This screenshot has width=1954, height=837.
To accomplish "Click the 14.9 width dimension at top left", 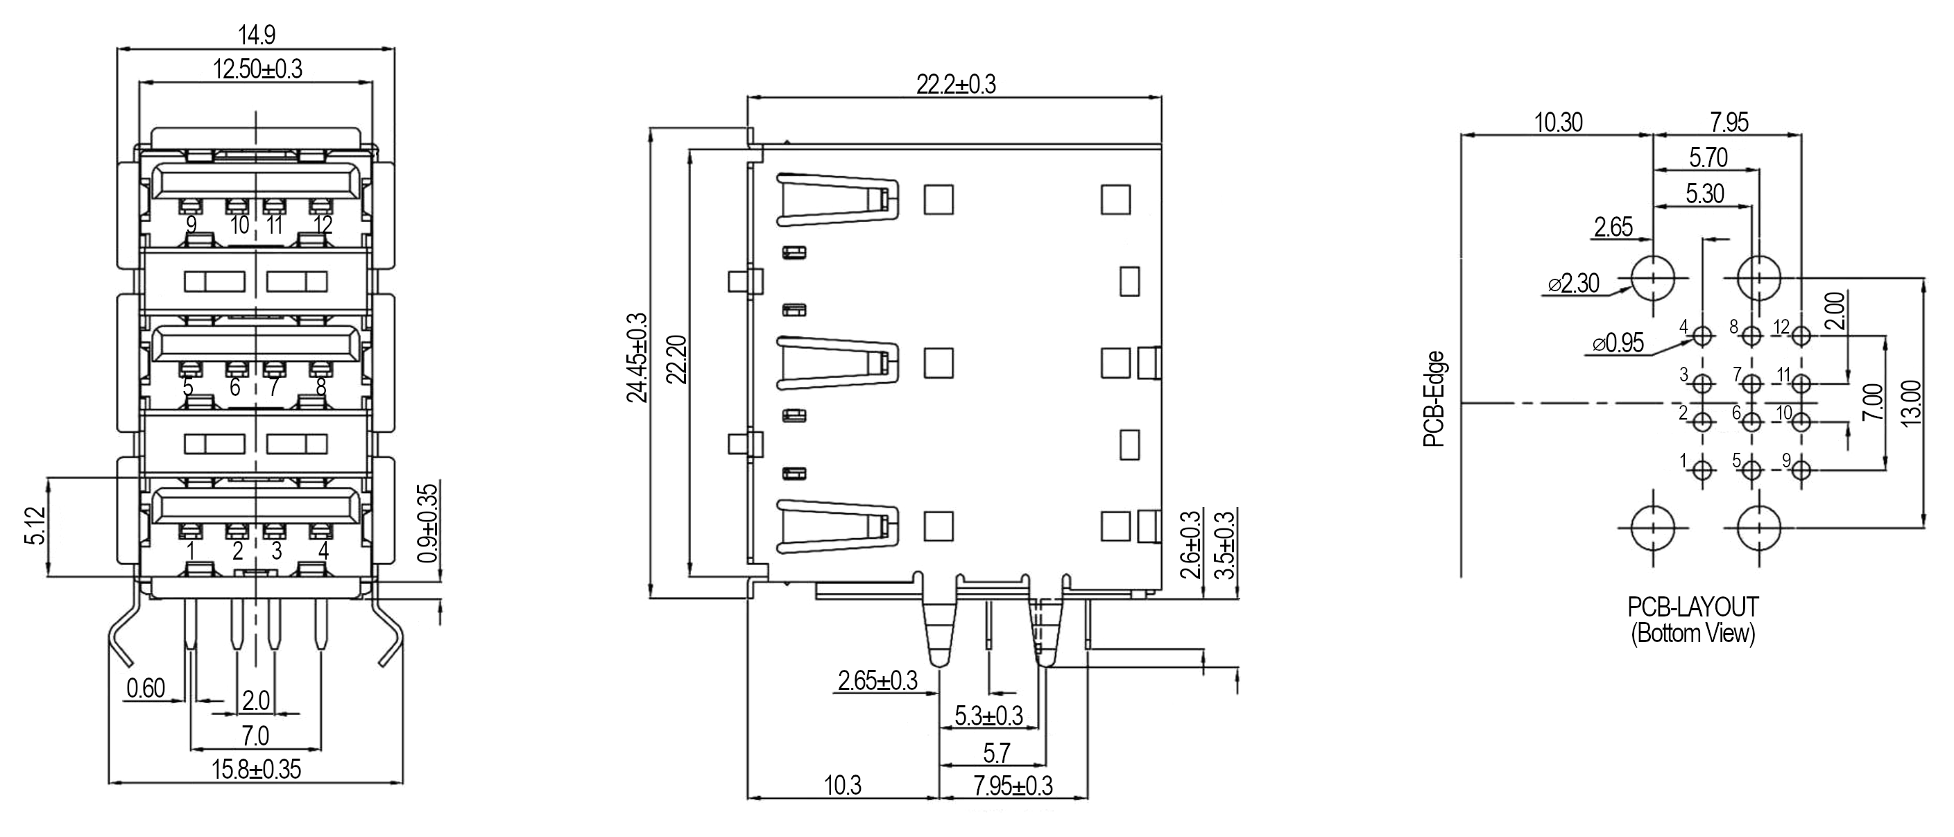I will click(x=257, y=35).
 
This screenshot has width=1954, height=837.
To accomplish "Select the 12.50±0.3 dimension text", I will click(x=257, y=70).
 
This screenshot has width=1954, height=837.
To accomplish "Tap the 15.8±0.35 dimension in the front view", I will click(x=256, y=770).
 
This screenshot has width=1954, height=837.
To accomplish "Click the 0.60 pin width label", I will click(x=146, y=689).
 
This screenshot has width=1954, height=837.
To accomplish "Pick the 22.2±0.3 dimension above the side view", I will click(x=956, y=84).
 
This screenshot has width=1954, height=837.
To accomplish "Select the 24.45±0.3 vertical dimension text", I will click(x=638, y=357).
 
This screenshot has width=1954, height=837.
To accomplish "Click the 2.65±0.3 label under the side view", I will click(x=877, y=681).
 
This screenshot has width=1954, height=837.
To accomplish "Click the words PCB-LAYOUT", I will click(x=1693, y=607).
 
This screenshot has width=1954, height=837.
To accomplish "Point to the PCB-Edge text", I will click(x=1434, y=399).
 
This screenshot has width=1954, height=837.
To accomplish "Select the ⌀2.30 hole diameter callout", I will click(x=1573, y=284).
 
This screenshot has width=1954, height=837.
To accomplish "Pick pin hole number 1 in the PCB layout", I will click(x=1703, y=470).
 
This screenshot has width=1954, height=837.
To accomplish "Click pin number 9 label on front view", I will click(x=192, y=225).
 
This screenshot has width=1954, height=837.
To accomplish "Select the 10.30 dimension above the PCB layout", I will click(x=1559, y=123).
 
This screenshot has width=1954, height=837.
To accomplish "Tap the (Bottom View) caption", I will click(x=1693, y=633).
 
